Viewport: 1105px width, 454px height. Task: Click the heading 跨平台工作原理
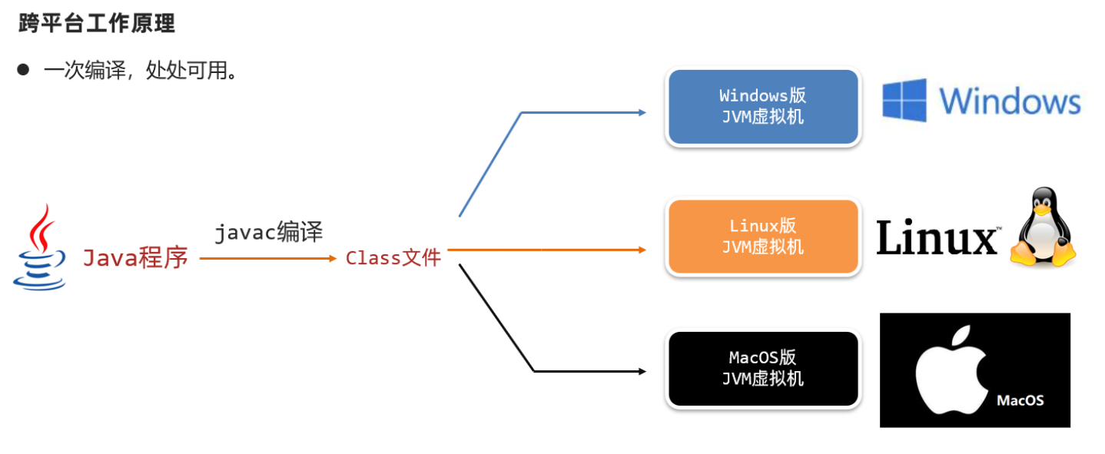tap(97, 24)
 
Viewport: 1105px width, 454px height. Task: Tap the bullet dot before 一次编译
tap(23, 70)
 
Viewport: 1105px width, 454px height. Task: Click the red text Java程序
tap(135, 258)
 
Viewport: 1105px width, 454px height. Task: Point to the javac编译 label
tap(268, 232)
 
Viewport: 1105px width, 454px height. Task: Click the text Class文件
tap(393, 258)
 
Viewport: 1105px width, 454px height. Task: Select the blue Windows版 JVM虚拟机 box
tap(762, 106)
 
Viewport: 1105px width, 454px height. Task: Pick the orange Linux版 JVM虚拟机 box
tap(762, 237)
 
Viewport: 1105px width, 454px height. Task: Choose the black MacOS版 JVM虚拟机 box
tap(762, 368)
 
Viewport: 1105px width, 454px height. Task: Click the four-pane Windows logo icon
tap(904, 100)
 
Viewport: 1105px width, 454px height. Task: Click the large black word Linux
tap(937, 238)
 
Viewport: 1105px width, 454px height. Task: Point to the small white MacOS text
tap(1020, 400)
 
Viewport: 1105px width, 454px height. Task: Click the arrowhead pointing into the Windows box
tap(642, 112)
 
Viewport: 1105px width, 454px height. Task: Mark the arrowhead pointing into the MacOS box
tap(642, 371)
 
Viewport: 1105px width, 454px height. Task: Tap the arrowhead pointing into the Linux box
tap(642, 250)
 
